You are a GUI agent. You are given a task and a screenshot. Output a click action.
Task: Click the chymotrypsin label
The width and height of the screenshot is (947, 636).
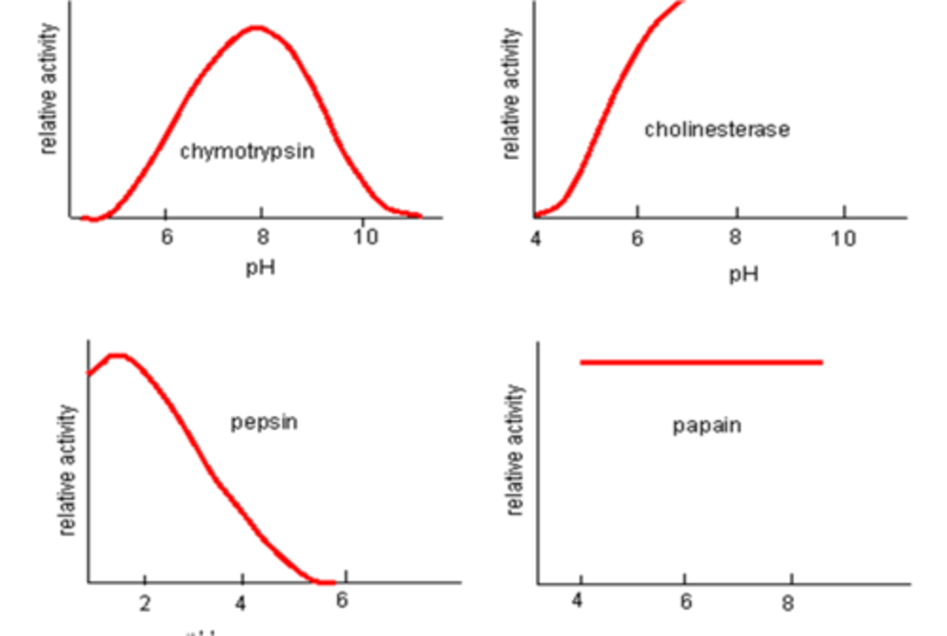tap(247, 152)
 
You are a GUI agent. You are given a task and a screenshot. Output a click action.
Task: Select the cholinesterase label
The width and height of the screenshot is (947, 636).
tap(717, 130)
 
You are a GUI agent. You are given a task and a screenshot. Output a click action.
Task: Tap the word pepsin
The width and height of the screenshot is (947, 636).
tap(264, 422)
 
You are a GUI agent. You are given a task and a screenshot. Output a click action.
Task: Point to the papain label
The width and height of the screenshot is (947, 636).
tap(706, 426)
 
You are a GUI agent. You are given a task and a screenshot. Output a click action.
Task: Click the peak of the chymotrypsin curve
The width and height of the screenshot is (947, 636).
tap(256, 28)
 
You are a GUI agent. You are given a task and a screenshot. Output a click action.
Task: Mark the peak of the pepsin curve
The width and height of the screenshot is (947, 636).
tap(117, 356)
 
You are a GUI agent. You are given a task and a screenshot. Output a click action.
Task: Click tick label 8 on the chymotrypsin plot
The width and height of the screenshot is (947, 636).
tap(262, 237)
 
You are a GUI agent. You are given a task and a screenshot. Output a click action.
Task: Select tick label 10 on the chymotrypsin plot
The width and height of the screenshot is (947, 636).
tap(365, 237)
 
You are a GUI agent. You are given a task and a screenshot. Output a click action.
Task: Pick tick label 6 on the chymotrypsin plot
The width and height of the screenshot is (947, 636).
tap(166, 237)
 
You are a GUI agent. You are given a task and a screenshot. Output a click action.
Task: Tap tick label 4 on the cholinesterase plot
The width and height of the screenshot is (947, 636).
tap(536, 238)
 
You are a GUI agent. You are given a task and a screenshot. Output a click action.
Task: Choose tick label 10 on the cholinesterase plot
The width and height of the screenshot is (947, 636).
tap(842, 238)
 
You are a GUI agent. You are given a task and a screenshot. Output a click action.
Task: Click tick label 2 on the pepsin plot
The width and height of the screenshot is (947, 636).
tap(145, 603)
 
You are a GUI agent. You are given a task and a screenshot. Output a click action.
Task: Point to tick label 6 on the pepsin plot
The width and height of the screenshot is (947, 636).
tap(341, 600)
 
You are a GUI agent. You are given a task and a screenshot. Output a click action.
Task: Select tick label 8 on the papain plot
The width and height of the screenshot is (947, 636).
tap(788, 602)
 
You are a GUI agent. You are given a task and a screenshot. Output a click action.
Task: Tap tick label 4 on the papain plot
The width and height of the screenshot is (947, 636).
tap(577, 600)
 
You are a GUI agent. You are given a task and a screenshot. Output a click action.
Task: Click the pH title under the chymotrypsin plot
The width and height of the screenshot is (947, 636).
tap(260, 268)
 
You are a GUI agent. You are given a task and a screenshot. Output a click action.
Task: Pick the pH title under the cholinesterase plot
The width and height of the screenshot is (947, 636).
tap(743, 274)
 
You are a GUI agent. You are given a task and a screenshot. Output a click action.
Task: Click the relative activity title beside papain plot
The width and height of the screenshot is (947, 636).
tap(516, 450)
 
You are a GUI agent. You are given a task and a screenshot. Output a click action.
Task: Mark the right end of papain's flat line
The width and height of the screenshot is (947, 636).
tap(821, 362)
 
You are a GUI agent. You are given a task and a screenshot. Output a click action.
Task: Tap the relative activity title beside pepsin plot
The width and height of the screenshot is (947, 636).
tap(67, 470)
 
